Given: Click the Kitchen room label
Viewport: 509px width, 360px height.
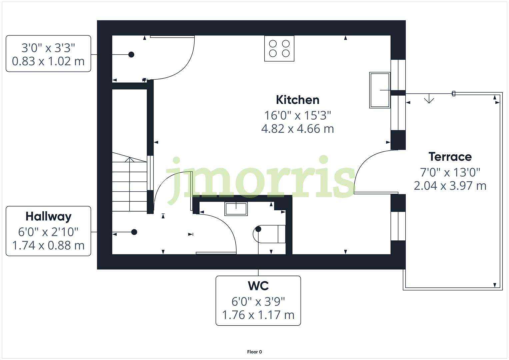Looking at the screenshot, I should (x=297, y=100).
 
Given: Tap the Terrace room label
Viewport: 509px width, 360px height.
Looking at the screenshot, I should (x=450, y=156).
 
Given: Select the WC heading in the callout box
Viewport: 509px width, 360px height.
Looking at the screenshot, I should (x=258, y=286).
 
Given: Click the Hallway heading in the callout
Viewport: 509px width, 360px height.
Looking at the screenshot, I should (x=48, y=216).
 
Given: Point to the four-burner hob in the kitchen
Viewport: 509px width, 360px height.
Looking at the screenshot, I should (x=279, y=48).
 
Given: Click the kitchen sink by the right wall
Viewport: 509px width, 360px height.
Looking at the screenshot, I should (x=380, y=90).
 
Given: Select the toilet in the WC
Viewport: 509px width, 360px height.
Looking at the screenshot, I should (x=270, y=234).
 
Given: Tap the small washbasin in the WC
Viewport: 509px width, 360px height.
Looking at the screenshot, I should (x=236, y=209).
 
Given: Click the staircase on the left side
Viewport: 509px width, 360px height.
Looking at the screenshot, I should (x=129, y=183).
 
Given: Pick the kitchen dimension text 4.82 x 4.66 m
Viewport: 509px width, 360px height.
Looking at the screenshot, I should (x=297, y=129).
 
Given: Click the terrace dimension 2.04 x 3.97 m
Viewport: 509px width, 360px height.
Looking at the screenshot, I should (x=450, y=186).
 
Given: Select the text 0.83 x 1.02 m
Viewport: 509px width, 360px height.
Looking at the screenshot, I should (x=48, y=61).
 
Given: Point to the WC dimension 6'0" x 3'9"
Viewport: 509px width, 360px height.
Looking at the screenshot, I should (x=258, y=301).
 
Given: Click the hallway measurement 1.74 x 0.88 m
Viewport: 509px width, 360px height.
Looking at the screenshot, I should (x=48, y=245).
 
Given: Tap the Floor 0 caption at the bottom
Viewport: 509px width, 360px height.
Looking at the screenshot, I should (x=254, y=352).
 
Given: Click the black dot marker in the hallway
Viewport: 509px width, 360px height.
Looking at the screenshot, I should (x=134, y=232).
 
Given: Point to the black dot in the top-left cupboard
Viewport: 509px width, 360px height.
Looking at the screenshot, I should (x=131, y=54).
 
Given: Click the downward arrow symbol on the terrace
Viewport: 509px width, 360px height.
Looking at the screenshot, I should (x=429, y=99).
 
